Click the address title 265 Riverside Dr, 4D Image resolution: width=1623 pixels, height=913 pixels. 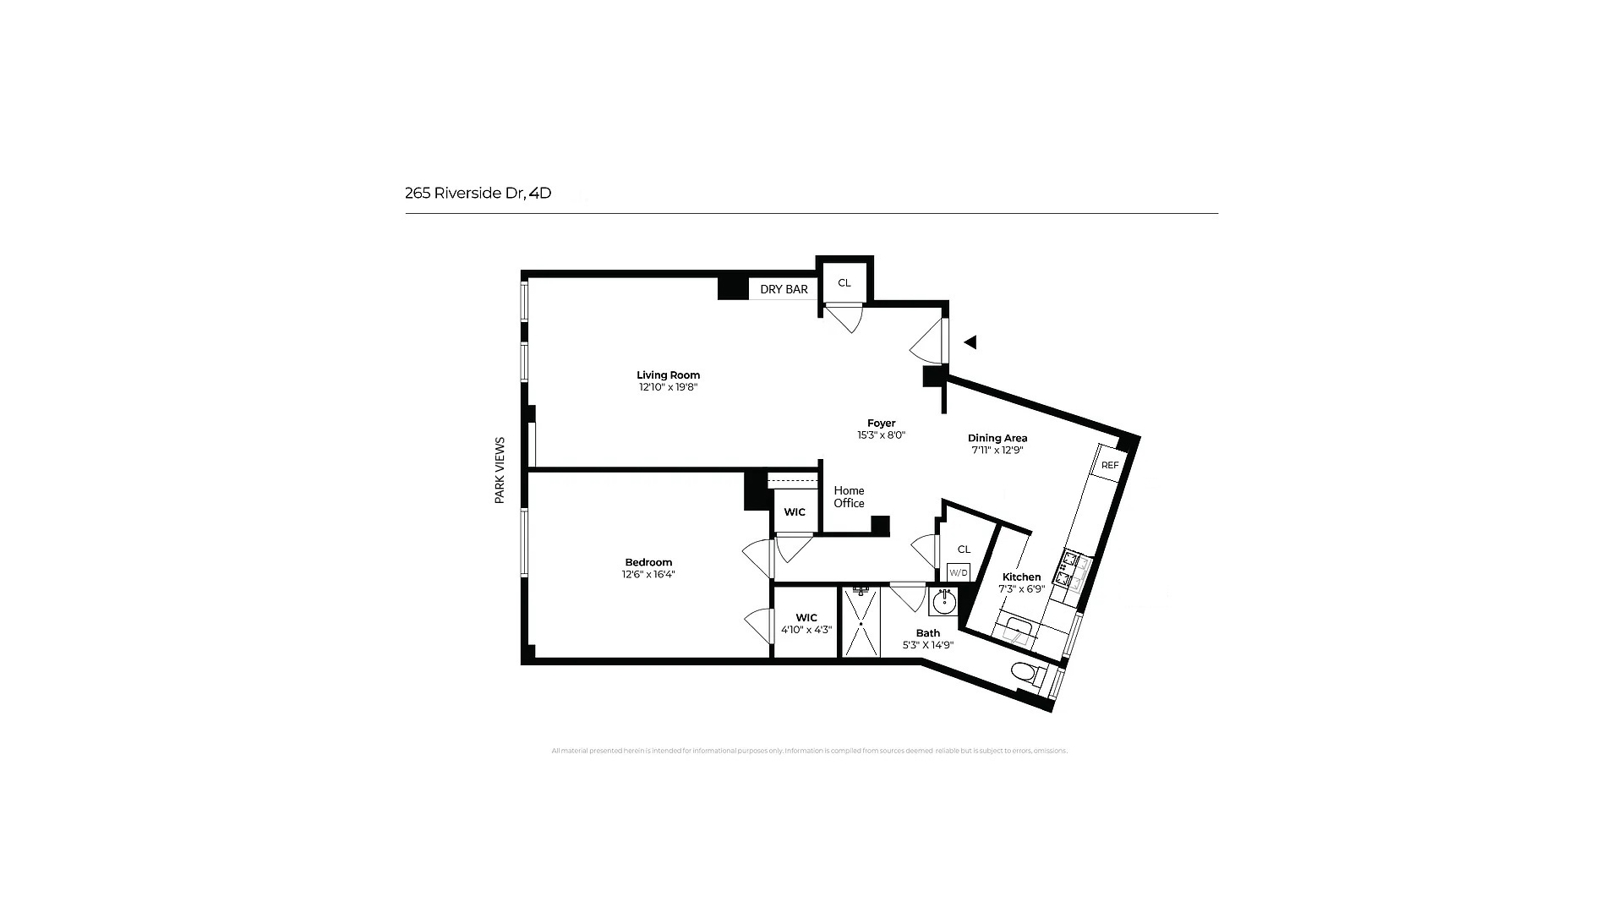(478, 193)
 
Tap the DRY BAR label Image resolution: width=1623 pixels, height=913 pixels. (784, 289)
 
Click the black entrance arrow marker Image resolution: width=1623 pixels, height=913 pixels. (970, 342)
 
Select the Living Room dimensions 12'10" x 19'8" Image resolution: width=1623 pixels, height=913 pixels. (668, 387)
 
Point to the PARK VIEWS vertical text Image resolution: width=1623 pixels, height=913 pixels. (500, 470)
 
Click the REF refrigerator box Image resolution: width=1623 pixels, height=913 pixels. (1109, 466)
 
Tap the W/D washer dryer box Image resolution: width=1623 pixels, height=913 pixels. (958, 572)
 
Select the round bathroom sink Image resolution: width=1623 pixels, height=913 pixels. (943, 602)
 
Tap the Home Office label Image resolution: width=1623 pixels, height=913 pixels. (849, 496)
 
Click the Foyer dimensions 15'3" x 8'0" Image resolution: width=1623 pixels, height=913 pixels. (881, 435)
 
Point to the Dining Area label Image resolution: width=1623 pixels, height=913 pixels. (997, 438)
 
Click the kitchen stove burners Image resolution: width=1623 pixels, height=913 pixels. (1075, 569)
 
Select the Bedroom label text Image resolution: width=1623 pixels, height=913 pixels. (648, 562)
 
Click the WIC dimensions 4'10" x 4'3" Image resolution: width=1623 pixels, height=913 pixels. (806, 630)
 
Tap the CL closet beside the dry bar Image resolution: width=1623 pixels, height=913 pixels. (844, 282)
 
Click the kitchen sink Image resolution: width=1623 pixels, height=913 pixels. (1014, 631)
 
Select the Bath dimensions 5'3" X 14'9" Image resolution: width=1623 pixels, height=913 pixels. (928, 645)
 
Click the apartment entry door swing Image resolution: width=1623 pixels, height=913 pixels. (927, 342)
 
